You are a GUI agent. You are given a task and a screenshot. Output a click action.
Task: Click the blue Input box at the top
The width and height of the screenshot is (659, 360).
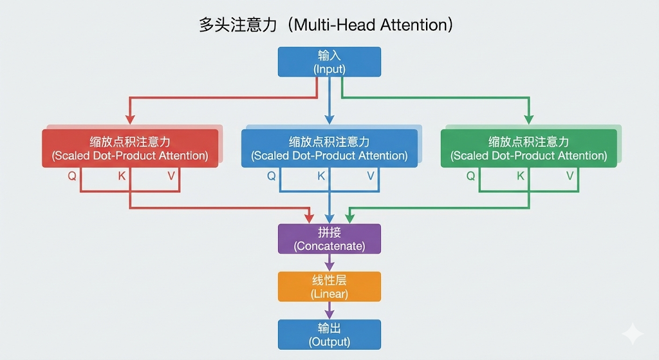pyautogui.click(x=329, y=62)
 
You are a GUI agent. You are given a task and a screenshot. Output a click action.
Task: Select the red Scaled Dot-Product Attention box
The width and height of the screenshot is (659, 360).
pyautogui.click(x=130, y=148)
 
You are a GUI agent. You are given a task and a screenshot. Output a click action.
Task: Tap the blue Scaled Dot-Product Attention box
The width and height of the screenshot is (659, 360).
pyautogui.click(x=329, y=148)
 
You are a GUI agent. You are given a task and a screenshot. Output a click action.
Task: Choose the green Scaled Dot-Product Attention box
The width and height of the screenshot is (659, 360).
pyautogui.click(x=528, y=148)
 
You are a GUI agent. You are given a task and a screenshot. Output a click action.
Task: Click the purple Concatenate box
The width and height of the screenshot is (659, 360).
pyautogui.click(x=329, y=238)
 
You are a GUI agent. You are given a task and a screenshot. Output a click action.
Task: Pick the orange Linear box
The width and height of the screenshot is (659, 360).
pyautogui.click(x=329, y=287)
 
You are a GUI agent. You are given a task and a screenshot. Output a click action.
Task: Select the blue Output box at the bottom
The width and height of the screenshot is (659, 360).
pyautogui.click(x=329, y=334)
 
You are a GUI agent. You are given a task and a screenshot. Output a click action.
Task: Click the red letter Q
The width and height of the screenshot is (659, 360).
pyautogui.click(x=72, y=176)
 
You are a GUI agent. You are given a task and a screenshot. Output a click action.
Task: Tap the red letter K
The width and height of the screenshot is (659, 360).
pyautogui.click(x=122, y=176)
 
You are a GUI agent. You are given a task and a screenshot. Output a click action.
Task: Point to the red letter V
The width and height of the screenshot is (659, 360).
pyautogui.click(x=171, y=176)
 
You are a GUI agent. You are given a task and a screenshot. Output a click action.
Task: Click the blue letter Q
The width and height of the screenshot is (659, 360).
pyautogui.click(x=271, y=176)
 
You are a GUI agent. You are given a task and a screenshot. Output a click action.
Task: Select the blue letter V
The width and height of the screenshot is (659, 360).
pyautogui.click(x=371, y=176)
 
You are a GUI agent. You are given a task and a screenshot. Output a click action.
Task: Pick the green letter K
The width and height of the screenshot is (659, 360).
pyautogui.click(x=521, y=176)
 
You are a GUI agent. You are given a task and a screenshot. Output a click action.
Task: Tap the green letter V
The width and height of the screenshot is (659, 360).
pyautogui.click(x=570, y=176)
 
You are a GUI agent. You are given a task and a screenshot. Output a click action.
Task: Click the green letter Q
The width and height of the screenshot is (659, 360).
pyautogui.click(x=470, y=176)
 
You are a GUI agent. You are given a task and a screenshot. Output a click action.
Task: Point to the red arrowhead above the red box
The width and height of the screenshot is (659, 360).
pyautogui.click(x=130, y=119)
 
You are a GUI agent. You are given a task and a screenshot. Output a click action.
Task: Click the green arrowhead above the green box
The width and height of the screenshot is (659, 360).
pyautogui.click(x=529, y=119)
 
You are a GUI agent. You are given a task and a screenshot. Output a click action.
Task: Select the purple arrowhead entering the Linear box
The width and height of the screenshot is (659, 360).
pyautogui.click(x=329, y=267)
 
